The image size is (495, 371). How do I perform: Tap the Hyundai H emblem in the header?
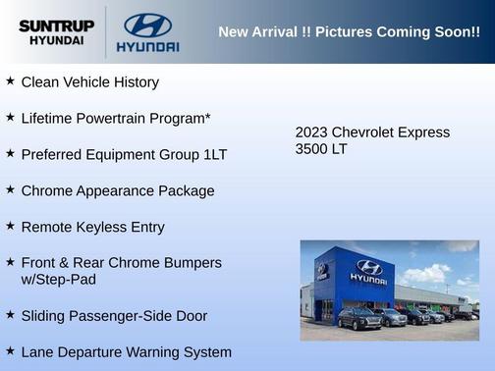click(147, 25)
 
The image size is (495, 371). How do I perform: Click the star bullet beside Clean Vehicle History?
click(10, 81)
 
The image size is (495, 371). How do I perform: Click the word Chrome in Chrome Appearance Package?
click(46, 191)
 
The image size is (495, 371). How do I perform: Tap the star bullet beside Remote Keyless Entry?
click(10, 226)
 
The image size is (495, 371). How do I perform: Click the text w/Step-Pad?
click(59, 280)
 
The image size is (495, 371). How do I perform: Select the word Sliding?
click(45, 316)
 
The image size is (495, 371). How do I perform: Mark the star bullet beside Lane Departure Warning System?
click(10, 350)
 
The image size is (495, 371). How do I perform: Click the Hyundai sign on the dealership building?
click(368, 272)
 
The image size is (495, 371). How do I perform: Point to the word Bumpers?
click(192, 263)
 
